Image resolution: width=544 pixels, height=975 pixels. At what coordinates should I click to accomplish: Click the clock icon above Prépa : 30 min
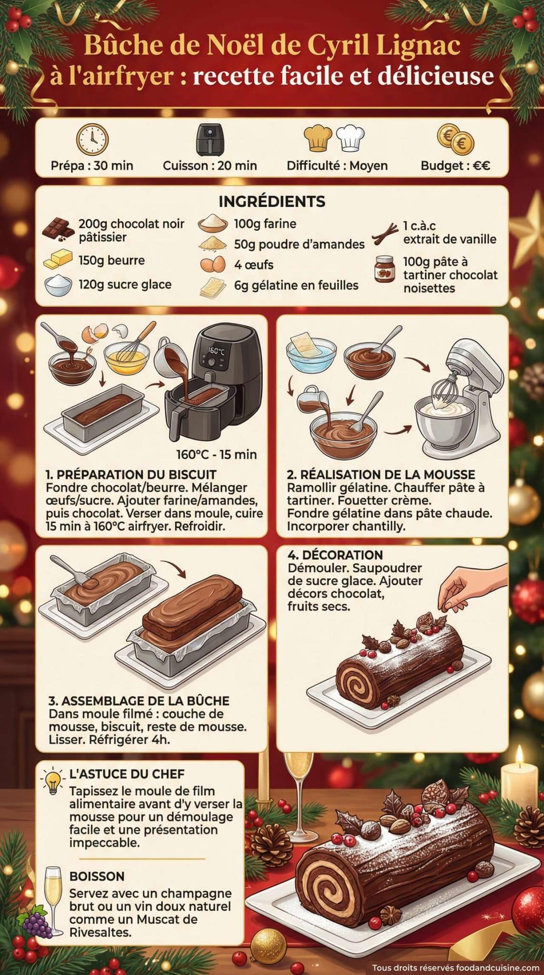tap(92, 139)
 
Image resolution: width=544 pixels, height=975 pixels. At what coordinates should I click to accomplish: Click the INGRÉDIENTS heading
tap(272, 201)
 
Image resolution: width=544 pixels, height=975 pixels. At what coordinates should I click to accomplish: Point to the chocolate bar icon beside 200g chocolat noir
tap(58, 229)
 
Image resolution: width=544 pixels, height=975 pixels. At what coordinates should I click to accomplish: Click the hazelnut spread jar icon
tap(385, 269)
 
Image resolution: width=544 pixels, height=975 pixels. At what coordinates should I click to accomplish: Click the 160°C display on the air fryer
tap(216, 350)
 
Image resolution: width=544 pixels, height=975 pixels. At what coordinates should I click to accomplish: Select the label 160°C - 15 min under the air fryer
tap(217, 454)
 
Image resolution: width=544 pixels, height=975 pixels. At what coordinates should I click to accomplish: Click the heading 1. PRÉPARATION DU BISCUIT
tap(131, 474)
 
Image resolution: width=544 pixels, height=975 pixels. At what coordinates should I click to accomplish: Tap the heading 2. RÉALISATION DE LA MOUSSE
tap(381, 474)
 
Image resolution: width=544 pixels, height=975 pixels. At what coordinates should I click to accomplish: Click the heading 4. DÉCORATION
tap(335, 555)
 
